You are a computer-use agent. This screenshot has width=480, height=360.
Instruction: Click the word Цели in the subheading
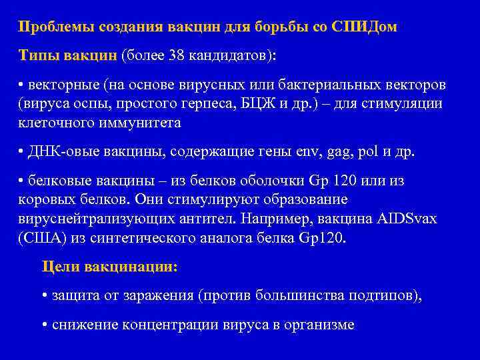(x=61, y=267)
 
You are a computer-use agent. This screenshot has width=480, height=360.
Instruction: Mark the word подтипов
(x=389, y=296)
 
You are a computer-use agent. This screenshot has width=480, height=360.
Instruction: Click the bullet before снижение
(x=44, y=325)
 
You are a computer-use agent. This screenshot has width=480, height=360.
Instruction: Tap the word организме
(x=317, y=325)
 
